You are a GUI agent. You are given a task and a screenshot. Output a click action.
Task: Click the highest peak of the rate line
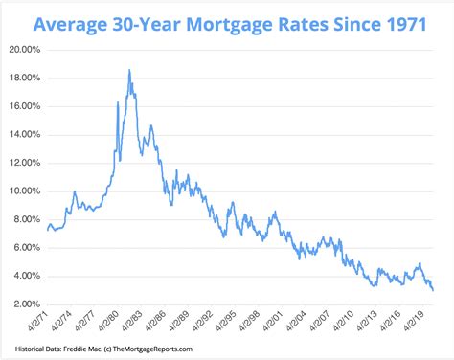(128, 70)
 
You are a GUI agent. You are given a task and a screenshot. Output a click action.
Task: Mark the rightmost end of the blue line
(432, 289)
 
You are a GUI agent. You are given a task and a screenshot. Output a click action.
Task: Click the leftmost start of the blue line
(47, 230)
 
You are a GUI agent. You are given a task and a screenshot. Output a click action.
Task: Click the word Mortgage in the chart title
(231, 20)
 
